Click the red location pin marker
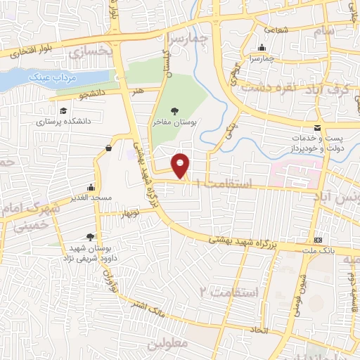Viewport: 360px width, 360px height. coord(181,165)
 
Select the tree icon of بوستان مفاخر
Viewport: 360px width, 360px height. coord(174,111)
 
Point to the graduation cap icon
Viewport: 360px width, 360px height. coord(64,111)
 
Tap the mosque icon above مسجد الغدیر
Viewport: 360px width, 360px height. coord(91,188)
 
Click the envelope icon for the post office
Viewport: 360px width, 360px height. coord(317,127)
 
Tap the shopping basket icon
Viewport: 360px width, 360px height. coord(108,148)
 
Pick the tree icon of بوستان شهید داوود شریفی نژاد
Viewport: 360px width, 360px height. coord(89,237)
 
